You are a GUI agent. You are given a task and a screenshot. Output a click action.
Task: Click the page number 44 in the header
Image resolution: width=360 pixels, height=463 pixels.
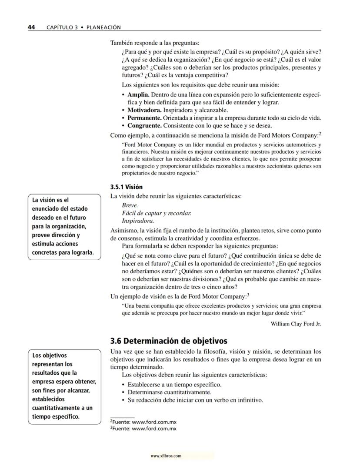pos(31,27)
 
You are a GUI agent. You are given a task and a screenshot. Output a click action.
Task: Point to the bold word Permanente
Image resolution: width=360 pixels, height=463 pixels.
pos(144,118)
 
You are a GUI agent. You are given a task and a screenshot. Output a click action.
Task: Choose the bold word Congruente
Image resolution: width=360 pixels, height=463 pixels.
pos(144,126)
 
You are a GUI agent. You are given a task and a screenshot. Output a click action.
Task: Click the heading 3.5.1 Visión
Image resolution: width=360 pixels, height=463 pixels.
pos(127,187)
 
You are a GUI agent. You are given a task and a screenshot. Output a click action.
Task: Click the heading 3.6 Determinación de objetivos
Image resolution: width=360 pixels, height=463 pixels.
pos(169,340)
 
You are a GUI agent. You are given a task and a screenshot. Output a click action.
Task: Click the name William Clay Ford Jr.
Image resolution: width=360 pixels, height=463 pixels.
pos(296,324)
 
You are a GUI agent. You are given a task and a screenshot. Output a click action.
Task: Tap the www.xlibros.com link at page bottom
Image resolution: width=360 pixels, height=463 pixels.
pos(166,456)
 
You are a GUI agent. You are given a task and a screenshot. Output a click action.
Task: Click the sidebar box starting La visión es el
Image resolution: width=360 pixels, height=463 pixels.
pos(63,226)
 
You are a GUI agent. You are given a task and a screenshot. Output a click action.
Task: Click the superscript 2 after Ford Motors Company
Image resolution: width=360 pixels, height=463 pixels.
pos(320,134)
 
